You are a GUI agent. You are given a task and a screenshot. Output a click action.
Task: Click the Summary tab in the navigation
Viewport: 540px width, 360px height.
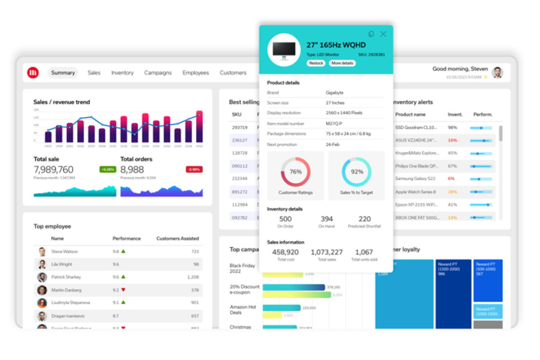pyautogui.click(x=63, y=73)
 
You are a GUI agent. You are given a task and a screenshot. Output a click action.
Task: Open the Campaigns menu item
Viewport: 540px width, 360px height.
pyautogui.click(x=158, y=73)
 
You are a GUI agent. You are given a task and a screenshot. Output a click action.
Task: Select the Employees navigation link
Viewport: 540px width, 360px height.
pyautogui.click(x=196, y=73)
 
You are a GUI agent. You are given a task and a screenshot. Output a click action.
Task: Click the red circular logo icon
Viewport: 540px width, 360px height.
pyautogui.click(x=33, y=73)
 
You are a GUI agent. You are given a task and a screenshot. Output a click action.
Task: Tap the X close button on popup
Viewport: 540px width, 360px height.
pyautogui.click(x=383, y=34)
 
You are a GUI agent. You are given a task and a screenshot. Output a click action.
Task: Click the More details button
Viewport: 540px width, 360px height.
pyautogui.click(x=342, y=63)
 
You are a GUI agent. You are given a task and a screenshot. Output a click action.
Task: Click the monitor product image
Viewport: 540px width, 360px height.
pyautogui.click(x=284, y=50)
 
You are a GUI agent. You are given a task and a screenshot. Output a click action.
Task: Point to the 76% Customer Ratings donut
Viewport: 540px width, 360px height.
pyautogui.click(x=296, y=172)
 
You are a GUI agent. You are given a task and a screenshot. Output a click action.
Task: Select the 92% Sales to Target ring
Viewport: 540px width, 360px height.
pyautogui.click(x=356, y=172)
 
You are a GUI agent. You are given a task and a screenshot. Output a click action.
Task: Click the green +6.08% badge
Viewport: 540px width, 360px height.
pyautogui.click(x=108, y=170)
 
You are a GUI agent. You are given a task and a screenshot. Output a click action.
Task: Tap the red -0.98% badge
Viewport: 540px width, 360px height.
pyautogui.click(x=194, y=170)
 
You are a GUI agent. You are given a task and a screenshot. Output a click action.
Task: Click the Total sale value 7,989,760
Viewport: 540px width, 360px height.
pyautogui.click(x=54, y=170)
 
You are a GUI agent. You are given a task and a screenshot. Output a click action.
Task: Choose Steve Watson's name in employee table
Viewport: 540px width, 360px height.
pyautogui.click(x=65, y=252)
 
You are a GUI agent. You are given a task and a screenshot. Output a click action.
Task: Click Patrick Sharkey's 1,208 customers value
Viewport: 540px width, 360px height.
pyautogui.click(x=193, y=277)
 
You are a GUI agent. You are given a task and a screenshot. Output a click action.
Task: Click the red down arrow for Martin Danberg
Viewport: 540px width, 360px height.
pyautogui.click(x=123, y=290)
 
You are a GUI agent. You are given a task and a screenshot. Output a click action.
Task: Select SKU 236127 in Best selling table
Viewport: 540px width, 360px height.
pyautogui.click(x=240, y=140)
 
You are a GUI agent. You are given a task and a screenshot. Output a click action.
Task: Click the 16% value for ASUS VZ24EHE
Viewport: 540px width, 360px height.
pyautogui.click(x=452, y=140)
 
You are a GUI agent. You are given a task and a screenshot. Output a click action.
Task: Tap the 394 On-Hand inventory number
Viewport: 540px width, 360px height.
pyautogui.click(x=327, y=219)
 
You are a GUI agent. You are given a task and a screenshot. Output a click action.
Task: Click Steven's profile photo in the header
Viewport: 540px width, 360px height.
pyautogui.click(x=497, y=72)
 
